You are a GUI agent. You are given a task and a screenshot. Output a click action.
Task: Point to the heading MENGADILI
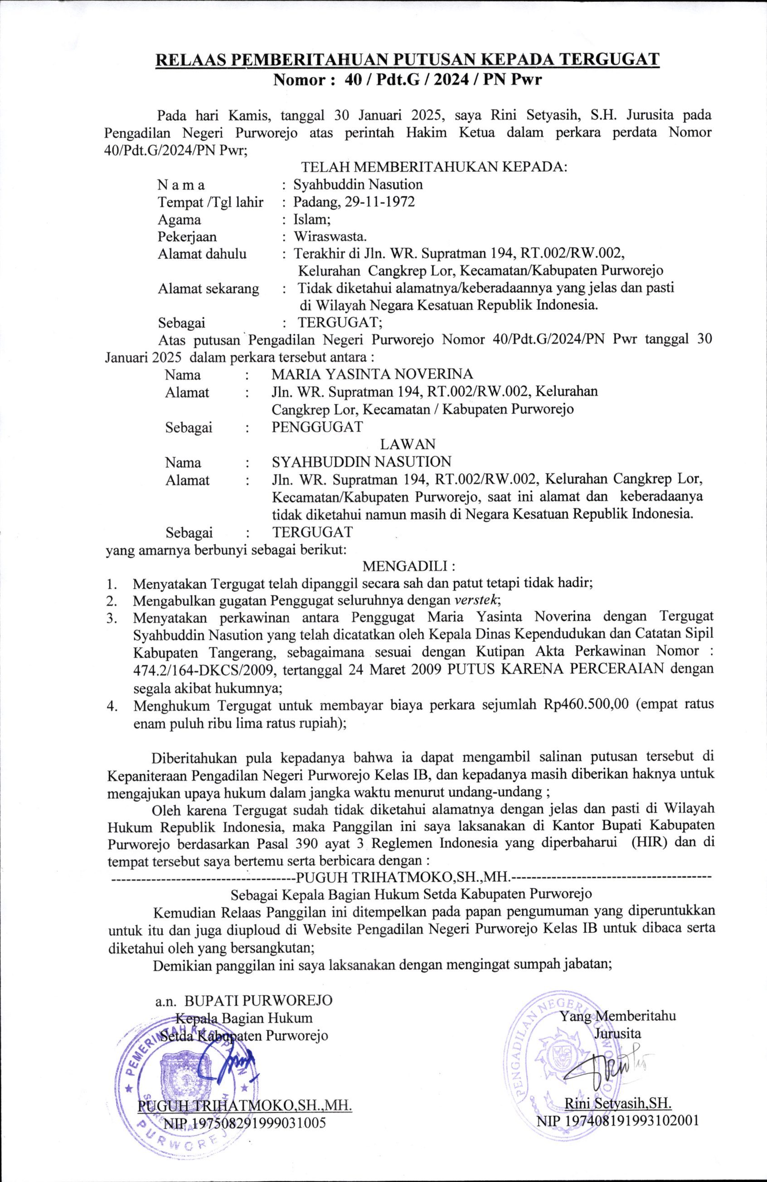[409, 566]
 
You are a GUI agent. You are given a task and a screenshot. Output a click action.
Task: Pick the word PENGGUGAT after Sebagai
[317, 426]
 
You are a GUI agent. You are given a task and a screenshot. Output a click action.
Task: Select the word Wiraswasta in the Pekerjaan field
[330, 237]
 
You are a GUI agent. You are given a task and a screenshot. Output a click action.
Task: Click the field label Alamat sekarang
[208, 289]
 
